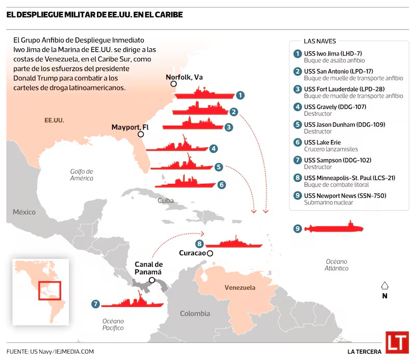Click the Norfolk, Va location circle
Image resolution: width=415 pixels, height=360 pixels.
tap(174, 84)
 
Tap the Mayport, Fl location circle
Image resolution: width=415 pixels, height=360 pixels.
tap(141, 134)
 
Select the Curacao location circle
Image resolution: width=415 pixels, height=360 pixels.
tap(210, 253)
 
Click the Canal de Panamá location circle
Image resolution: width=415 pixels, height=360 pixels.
tap(152, 280)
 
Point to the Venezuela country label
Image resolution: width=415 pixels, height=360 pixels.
tap(240, 287)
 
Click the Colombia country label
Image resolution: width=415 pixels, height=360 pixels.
tap(195, 313)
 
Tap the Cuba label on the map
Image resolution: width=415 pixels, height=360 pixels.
tap(165, 200)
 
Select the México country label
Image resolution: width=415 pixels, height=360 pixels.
tap(24, 212)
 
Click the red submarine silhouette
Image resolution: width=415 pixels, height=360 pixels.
tap(334, 227)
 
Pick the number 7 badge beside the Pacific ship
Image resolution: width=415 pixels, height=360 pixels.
tap(95, 304)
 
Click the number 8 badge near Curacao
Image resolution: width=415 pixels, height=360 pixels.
tap(199, 244)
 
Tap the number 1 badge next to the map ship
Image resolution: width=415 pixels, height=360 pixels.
tap(240, 95)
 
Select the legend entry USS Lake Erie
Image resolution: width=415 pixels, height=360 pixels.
tap(322, 143)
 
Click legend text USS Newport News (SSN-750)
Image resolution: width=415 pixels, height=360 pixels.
tap(345, 196)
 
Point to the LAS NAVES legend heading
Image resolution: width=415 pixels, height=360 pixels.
tap(320, 41)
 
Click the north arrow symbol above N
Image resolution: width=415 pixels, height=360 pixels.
tap(384, 286)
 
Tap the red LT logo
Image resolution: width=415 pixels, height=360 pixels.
tap(397, 342)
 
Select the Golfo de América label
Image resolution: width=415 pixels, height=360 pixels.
tap(81, 175)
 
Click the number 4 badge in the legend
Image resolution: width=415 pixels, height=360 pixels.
tap(297, 107)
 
